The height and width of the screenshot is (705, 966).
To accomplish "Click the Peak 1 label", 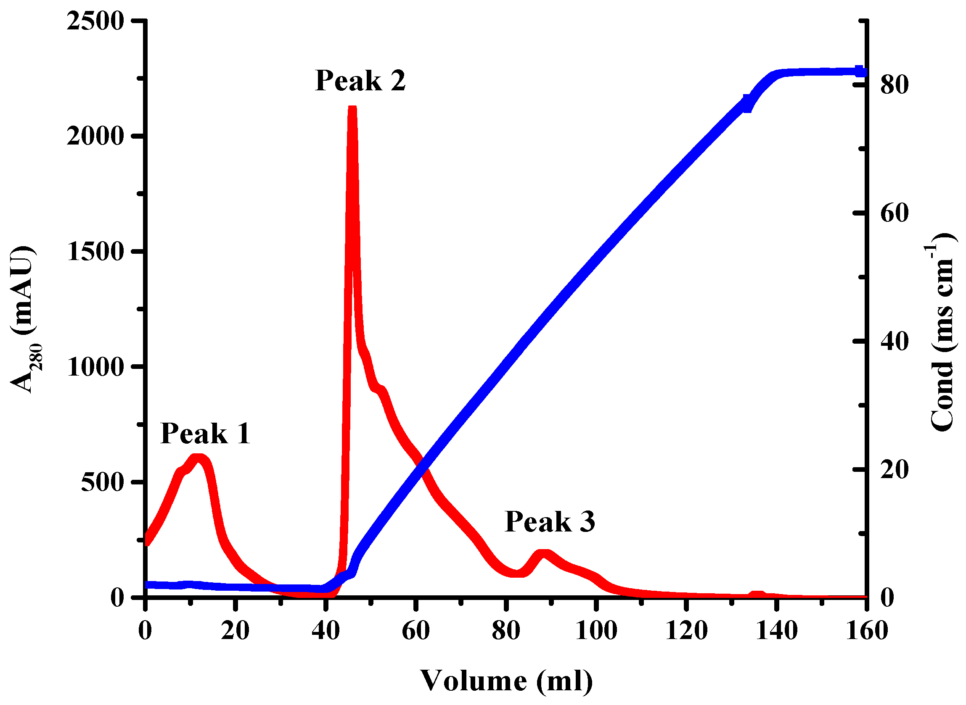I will pyautogui.click(x=205, y=434).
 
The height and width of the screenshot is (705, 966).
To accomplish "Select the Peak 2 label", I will pyautogui.click(x=360, y=80).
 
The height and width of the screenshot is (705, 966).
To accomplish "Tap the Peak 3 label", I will pyautogui.click(x=550, y=521).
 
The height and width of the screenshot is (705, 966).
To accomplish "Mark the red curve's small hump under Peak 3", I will pyautogui.click(x=543, y=554).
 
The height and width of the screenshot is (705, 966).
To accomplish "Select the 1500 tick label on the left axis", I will pyautogui.click(x=95, y=252).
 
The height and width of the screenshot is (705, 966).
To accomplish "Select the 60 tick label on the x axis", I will pyautogui.click(x=416, y=631).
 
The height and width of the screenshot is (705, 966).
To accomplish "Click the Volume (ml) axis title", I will pyautogui.click(x=506, y=681).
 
